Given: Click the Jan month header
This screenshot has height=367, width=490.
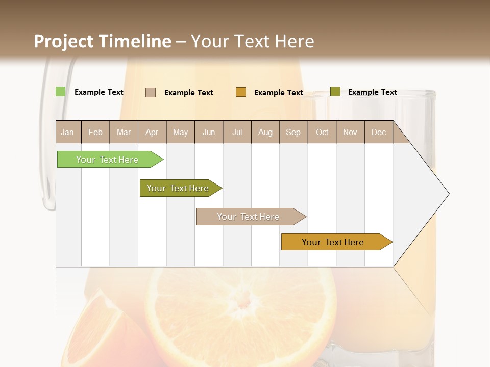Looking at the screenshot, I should [68, 132].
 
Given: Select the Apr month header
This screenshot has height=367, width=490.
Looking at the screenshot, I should [152, 132].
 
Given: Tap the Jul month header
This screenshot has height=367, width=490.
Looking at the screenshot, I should [237, 132].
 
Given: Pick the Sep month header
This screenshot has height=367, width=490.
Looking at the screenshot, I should [293, 132].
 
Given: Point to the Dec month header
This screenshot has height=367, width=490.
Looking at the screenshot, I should [378, 132].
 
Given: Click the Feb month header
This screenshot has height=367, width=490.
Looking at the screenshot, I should [95, 132].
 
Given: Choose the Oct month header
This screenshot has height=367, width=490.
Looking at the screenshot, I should [322, 132].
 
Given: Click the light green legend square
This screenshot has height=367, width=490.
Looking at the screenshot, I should [61, 92].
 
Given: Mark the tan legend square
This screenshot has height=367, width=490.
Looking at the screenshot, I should [151, 92].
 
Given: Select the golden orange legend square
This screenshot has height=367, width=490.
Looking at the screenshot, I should [241, 92].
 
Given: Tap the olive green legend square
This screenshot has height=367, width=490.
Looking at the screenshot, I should [335, 92].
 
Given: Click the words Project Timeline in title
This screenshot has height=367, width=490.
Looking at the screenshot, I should [103, 41].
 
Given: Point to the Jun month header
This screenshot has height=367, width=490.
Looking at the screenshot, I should [209, 132].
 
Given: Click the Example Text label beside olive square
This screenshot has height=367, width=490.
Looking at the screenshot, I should [372, 92].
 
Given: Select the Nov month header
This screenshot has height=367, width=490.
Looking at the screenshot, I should [350, 132].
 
